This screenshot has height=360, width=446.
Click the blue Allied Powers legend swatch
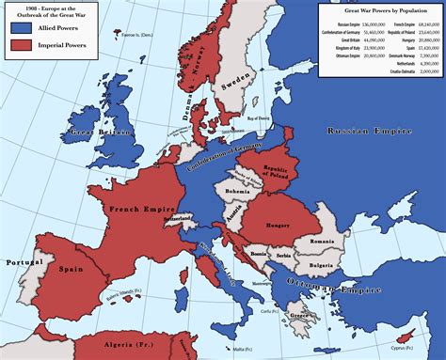point(18,28)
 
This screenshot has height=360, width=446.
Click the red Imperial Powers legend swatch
point(18,43)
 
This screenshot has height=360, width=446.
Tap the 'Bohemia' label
point(236,192)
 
